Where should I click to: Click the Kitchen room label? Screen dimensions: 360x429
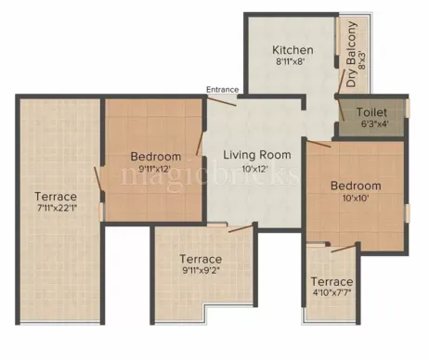[x=292, y=49]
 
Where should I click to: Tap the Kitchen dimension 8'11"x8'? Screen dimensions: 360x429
[x=292, y=63]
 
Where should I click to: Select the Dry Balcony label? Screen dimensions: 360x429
[x=352, y=57]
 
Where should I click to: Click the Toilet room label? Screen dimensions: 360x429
[x=371, y=112]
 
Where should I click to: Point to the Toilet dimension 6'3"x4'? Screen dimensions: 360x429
[x=371, y=125]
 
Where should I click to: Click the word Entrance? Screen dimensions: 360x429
[x=224, y=90]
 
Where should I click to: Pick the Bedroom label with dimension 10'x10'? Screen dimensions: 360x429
[x=356, y=186]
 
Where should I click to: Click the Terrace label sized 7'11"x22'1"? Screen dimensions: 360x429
[x=56, y=197]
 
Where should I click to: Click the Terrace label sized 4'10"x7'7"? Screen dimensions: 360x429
[x=331, y=281]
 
